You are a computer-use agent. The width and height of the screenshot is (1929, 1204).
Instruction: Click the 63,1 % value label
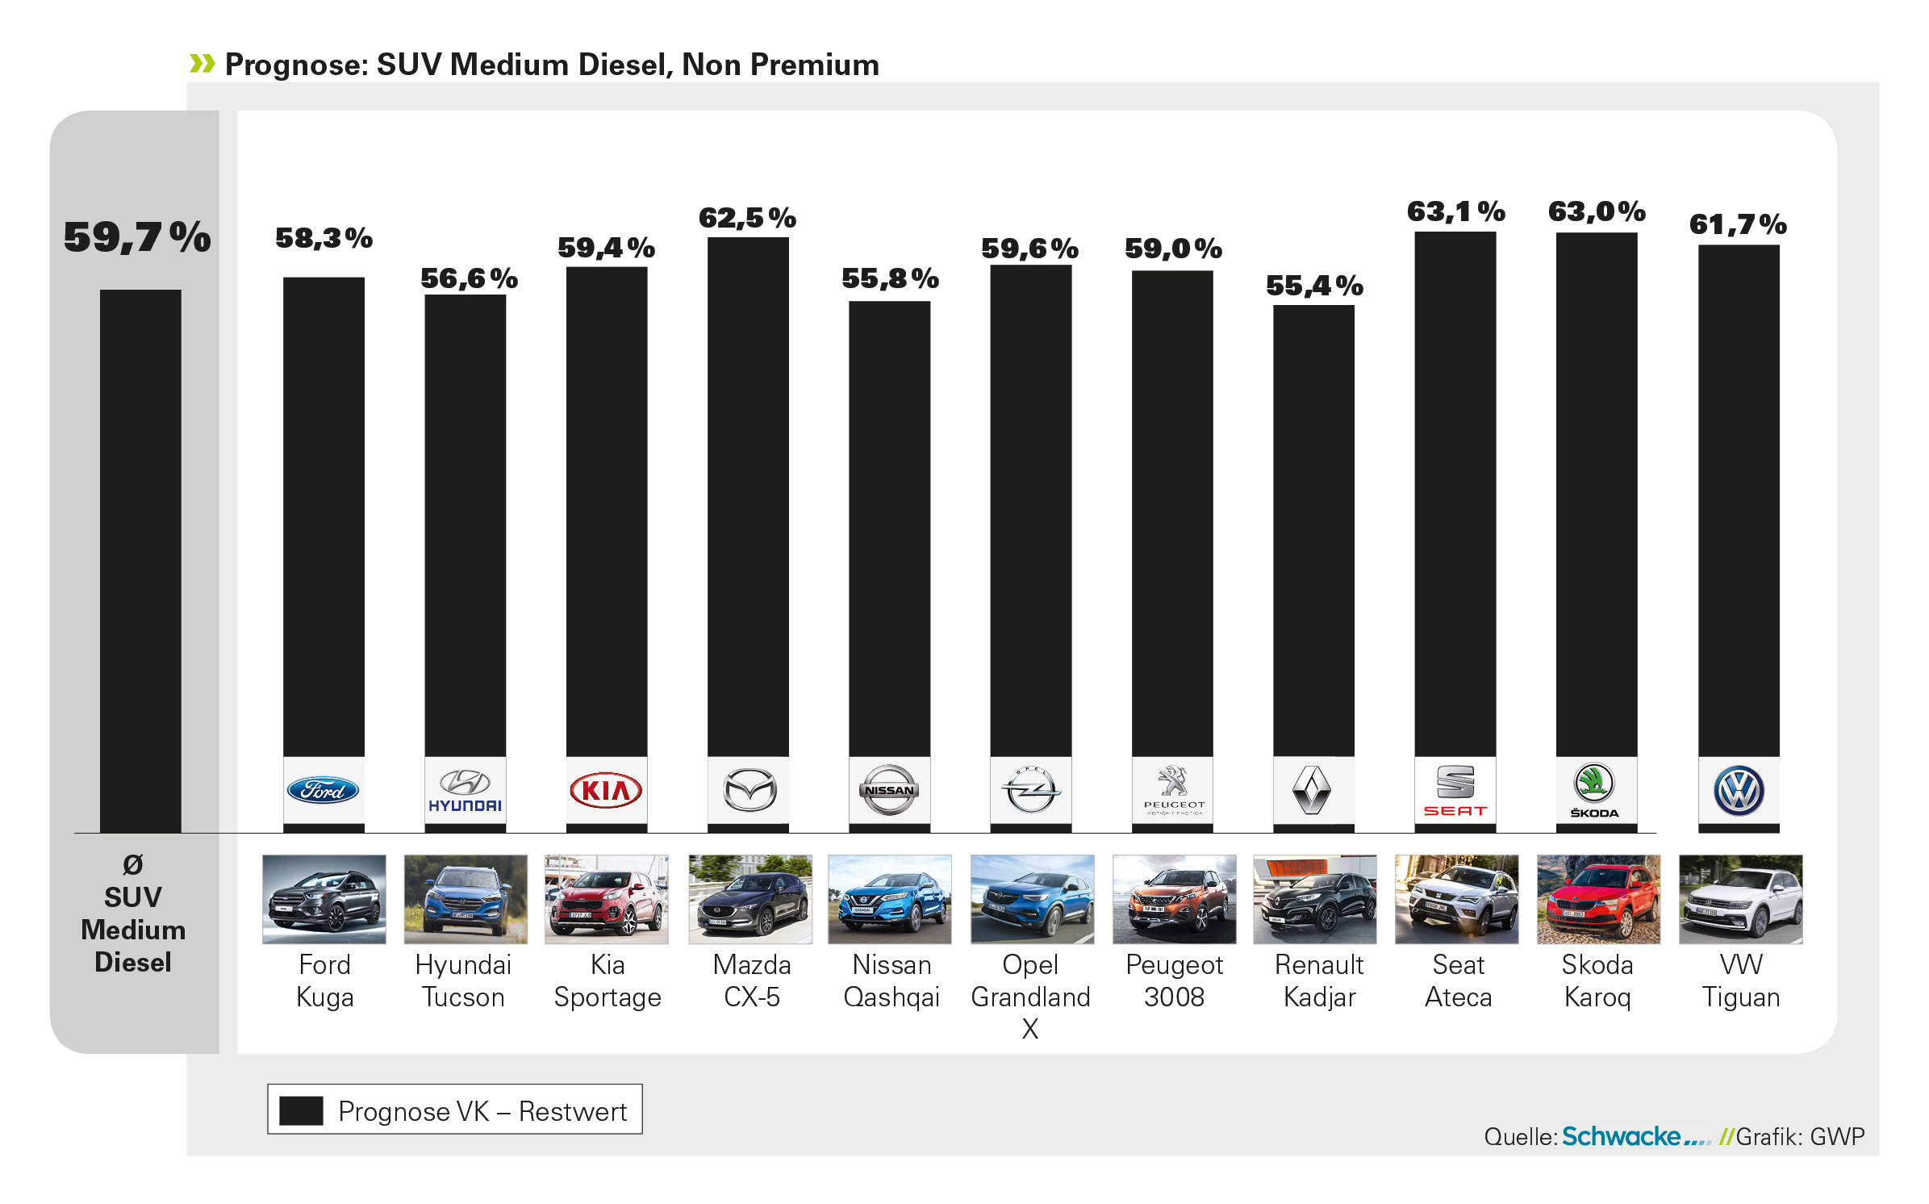tap(1455, 212)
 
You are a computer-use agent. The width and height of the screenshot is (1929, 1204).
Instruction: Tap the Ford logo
tap(323, 790)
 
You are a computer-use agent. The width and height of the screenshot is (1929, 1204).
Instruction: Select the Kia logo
tap(606, 790)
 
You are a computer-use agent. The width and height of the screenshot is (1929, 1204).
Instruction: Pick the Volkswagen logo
tap(1739, 791)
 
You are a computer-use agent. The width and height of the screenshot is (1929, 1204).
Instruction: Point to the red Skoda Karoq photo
tap(1598, 899)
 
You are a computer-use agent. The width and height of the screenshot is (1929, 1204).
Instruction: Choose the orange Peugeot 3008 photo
tap(1174, 899)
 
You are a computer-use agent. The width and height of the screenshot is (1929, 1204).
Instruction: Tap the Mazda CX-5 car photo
tap(750, 899)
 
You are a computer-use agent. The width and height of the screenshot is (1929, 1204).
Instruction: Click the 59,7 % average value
tap(137, 238)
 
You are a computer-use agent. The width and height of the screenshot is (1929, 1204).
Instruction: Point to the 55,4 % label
tap(1314, 286)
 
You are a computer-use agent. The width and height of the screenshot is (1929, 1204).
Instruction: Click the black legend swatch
tap(301, 1110)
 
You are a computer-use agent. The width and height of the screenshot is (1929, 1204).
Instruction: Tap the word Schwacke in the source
tap(1621, 1136)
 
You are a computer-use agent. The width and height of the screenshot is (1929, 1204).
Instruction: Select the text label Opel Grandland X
tap(1030, 997)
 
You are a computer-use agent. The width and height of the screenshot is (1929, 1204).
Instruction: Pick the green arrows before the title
tap(202, 63)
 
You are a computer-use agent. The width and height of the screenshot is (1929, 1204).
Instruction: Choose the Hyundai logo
tap(465, 790)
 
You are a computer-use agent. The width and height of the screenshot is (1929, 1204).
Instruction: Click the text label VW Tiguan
tap(1740, 981)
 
